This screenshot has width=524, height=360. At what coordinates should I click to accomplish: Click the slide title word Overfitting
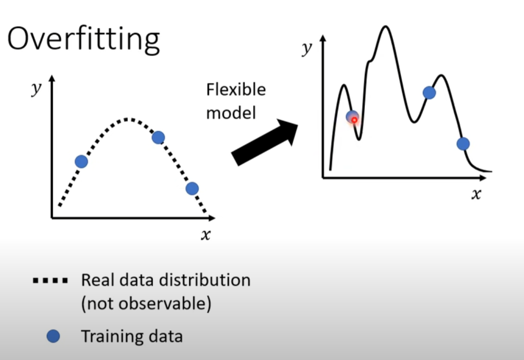click(83, 39)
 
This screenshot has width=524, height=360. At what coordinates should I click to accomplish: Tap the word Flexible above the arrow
click(236, 89)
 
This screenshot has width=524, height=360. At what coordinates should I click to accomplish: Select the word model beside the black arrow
click(231, 113)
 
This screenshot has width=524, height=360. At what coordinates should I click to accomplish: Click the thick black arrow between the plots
click(265, 142)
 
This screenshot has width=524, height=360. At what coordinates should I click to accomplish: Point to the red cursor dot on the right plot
click(354, 120)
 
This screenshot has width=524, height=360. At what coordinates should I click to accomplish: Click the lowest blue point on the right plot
click(463, 144)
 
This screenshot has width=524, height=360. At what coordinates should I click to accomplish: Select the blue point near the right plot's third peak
click(429, 93)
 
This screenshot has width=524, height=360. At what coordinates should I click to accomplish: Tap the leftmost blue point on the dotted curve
click(81, 162)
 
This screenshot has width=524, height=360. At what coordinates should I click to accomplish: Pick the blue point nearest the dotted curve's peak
click(158, 137)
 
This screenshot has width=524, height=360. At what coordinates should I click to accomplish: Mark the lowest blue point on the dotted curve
click(192, 189)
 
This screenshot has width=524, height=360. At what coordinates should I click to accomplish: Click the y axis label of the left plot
click(36, 88)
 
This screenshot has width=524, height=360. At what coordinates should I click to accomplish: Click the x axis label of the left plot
click(206, 234)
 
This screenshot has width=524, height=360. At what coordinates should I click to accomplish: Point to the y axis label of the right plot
click(307, 49)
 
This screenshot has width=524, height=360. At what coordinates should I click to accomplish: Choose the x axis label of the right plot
click(476, 194)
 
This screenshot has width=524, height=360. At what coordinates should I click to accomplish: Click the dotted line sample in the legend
click(50, 281)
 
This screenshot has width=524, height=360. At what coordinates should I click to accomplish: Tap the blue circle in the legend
click(53, 336)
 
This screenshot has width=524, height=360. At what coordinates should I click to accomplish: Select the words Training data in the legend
click(132, 336)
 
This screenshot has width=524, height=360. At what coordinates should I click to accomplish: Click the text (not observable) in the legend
click(146, 304)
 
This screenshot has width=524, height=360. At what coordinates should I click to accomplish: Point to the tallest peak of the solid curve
click(386, 26)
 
